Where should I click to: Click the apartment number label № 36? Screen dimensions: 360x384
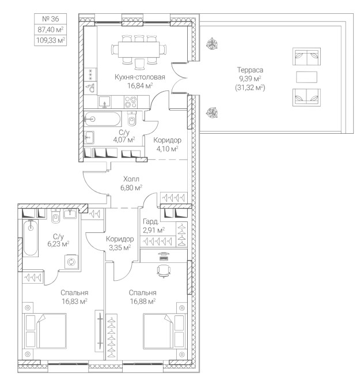click(x=51, y=19)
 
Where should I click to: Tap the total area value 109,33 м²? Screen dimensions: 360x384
click(x=51, y=40)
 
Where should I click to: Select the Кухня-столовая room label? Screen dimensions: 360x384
click(x=140, y=77)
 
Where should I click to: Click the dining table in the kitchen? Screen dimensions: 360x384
click(x=139, y=49)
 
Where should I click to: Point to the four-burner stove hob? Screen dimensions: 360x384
click(x=130, y=102)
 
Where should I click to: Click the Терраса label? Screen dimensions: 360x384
click(x=250, y=70)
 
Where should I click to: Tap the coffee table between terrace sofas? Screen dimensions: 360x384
click(x=306, y=77)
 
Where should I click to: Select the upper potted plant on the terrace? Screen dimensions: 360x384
click(x=212, y=44)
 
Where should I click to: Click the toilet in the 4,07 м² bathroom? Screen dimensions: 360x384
click(x=132, y=119)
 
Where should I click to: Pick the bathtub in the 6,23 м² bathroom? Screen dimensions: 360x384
click(x=31, y=238)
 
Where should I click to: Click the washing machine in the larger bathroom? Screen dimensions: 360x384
click(x=71, y=262)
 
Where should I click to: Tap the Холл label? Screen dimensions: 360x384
click(x=131, y=179)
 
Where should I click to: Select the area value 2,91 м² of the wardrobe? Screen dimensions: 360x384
click(x=153, y=230)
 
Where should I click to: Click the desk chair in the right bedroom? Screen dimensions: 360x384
click(x=164, y=270)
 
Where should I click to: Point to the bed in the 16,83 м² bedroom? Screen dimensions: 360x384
click(x=46, y=331)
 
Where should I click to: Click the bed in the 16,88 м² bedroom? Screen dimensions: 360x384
click(x=164, y=331)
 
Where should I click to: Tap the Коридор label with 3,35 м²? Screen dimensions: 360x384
click(x=120, y=239)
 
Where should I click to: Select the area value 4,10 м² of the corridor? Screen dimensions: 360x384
click(x=167, y=149)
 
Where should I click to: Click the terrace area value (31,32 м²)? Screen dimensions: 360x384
click(x=250, y=88)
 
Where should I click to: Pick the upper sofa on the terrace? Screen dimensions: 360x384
click(x=306, y=57)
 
